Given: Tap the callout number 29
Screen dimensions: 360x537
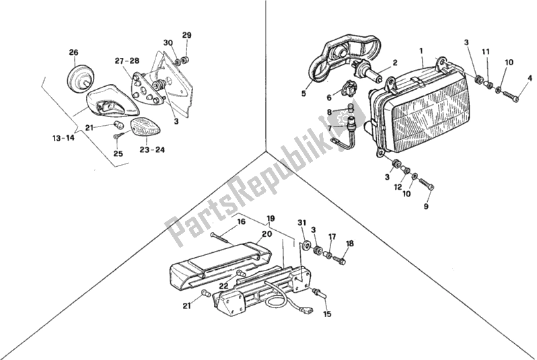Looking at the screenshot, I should (186, 35).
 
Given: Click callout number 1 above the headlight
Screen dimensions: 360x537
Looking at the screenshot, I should (421, 50).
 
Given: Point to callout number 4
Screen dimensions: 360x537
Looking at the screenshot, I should (530, 79).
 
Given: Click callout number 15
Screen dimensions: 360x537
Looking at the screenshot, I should (328, 314).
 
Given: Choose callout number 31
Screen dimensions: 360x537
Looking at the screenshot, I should (301, 223).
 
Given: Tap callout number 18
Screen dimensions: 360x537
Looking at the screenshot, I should (349, 243).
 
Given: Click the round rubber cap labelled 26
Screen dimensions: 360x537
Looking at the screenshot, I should (80, 77).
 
